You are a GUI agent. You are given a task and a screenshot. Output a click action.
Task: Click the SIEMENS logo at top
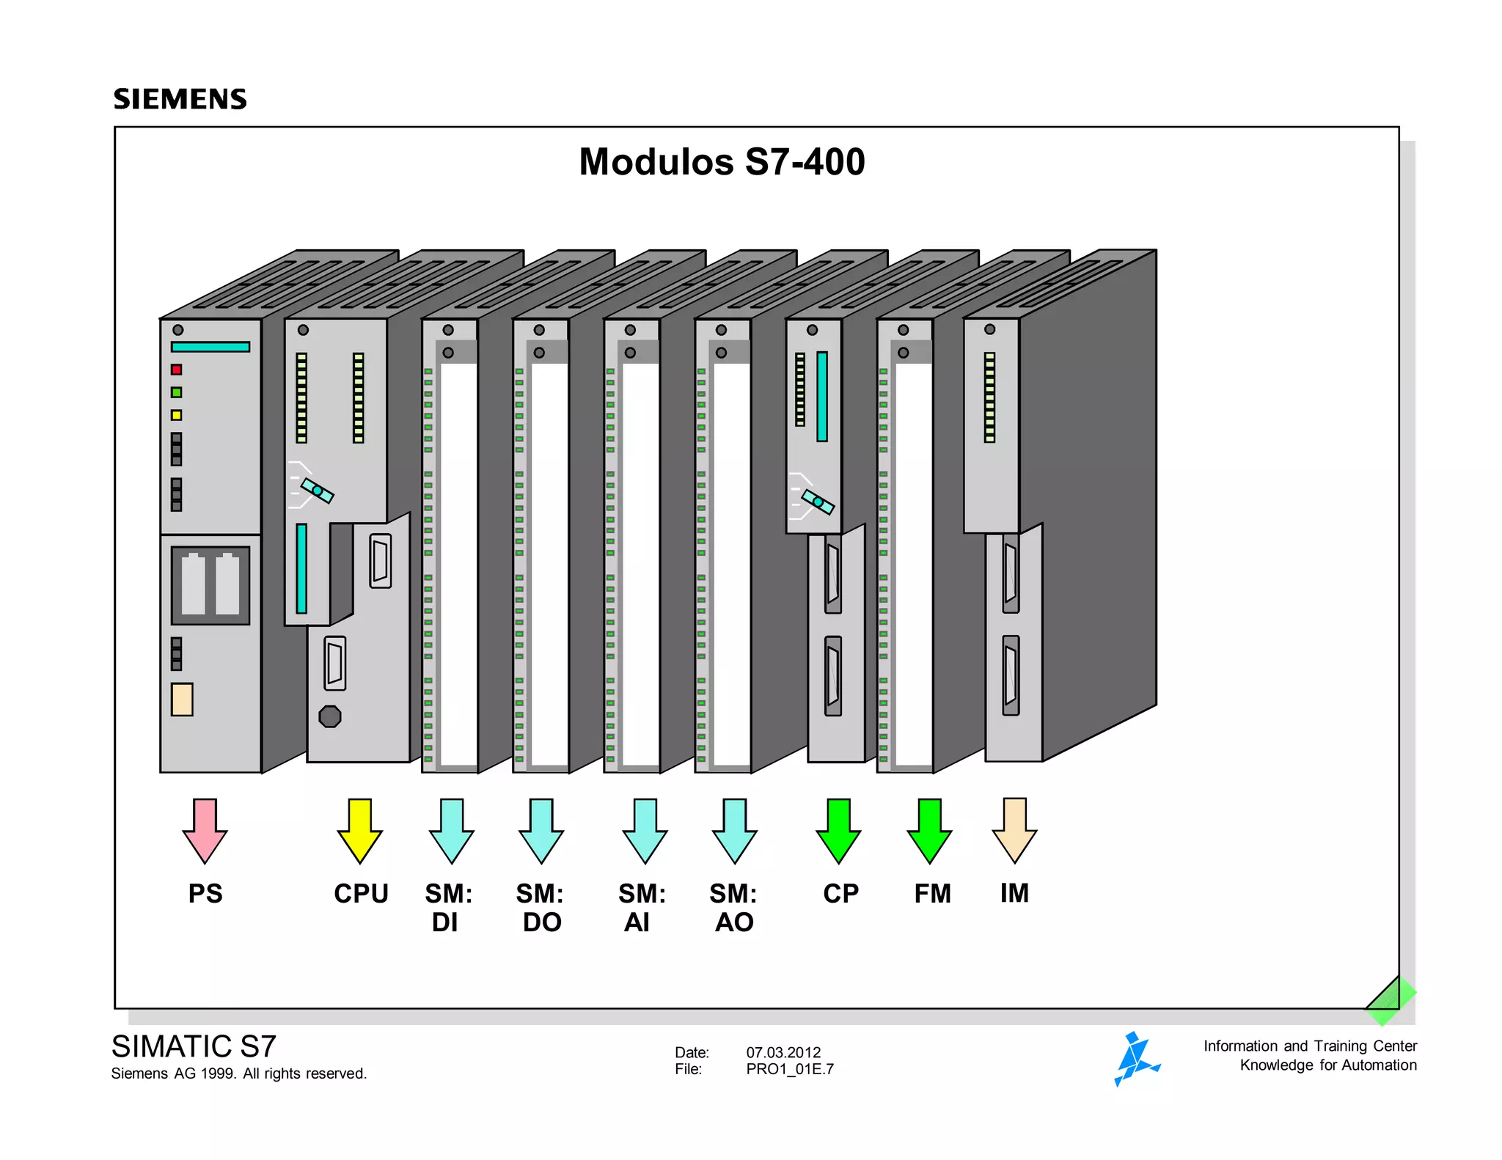click(180, 99)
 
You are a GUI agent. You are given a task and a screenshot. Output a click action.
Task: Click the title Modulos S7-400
click(722, 162)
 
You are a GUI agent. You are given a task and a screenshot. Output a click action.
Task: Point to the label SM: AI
click(641, 907)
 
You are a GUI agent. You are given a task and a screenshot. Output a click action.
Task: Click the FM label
click(932, 893)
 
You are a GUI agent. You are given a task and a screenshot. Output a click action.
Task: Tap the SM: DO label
click(541, 907)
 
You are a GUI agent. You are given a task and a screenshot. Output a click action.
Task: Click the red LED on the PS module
click(177, 370)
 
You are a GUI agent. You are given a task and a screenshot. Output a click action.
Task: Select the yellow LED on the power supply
click(177, 415)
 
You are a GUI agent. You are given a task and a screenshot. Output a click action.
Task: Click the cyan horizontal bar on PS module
click(210, 347)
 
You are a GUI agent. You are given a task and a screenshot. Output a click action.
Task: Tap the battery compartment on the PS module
click(210, 585)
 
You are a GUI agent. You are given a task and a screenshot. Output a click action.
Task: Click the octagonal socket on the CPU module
click(330, 716)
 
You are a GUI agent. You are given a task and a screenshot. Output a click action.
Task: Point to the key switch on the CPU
click(317, 490)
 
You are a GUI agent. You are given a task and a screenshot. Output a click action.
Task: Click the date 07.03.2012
click(783, 1052)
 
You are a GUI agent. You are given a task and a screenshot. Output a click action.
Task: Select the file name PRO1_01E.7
click(790, 1069)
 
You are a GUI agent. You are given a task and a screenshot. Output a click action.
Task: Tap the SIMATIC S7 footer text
click(194, 1046)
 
